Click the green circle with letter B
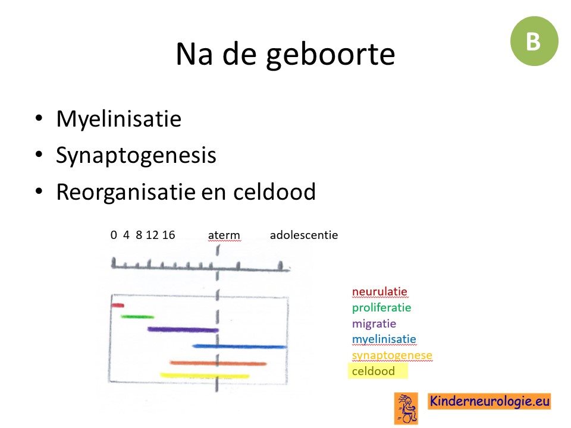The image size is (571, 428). [x=534, y=41]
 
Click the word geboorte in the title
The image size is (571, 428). [x=330, y=55]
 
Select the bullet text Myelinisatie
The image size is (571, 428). [x=119, y=119]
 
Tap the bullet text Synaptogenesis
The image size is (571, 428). [x=136, y=155]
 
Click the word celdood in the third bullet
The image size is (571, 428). [x=274, y=191]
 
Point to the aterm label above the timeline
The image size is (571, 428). [x=224, y=235]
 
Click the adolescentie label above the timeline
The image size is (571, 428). [x=304, y=235]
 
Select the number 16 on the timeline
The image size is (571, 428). [x=168, y=235]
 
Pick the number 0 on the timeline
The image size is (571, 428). [x=114, y=235]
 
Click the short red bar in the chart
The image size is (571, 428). [x=118, y=306]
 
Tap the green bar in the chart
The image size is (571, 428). [x=137, y=317]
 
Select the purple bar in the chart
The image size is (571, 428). [x=183, y=330]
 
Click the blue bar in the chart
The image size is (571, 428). [x=240, y=346]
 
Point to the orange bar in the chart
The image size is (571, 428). [x=218, y=363]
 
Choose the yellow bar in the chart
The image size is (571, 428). [x=205, y=376]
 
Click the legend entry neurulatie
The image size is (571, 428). [x=379, y=291]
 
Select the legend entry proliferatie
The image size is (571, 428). [x=381, y=308]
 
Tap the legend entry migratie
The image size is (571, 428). [x=374, y=323]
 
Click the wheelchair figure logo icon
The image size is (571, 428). [x=406, y=408]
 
